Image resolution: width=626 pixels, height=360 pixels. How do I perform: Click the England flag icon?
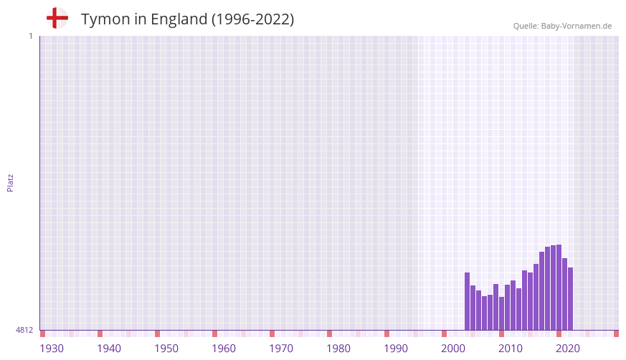tap(57, 19)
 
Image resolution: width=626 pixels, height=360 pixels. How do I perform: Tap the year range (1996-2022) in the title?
tap(252, 19)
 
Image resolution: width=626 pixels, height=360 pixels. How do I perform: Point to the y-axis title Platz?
tap(10, 182)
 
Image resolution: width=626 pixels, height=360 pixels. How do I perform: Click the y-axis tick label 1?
tap(30, 36)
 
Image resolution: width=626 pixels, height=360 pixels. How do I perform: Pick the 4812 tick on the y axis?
tap(24, 330)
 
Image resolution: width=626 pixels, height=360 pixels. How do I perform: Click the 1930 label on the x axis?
tap(52, 349)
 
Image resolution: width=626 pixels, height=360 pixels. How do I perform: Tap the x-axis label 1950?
tap(166, 349)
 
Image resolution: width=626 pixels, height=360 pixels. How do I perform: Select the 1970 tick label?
tap(281, 349)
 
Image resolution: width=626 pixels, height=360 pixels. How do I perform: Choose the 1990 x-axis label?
tap(396, 349)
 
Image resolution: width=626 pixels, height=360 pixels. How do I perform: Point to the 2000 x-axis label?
tap(453, 349)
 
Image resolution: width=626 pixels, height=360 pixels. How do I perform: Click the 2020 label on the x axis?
tap(568, 349)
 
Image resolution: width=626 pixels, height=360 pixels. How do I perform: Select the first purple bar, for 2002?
tap(467, 301)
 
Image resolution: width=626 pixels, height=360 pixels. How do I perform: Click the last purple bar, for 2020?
tap(570, 298)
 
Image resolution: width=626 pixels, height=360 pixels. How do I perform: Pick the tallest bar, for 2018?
tap(559, 287)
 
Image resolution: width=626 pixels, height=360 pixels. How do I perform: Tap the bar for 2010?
tap(513, 305)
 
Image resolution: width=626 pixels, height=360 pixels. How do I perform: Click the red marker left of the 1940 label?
tap(100, 333)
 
